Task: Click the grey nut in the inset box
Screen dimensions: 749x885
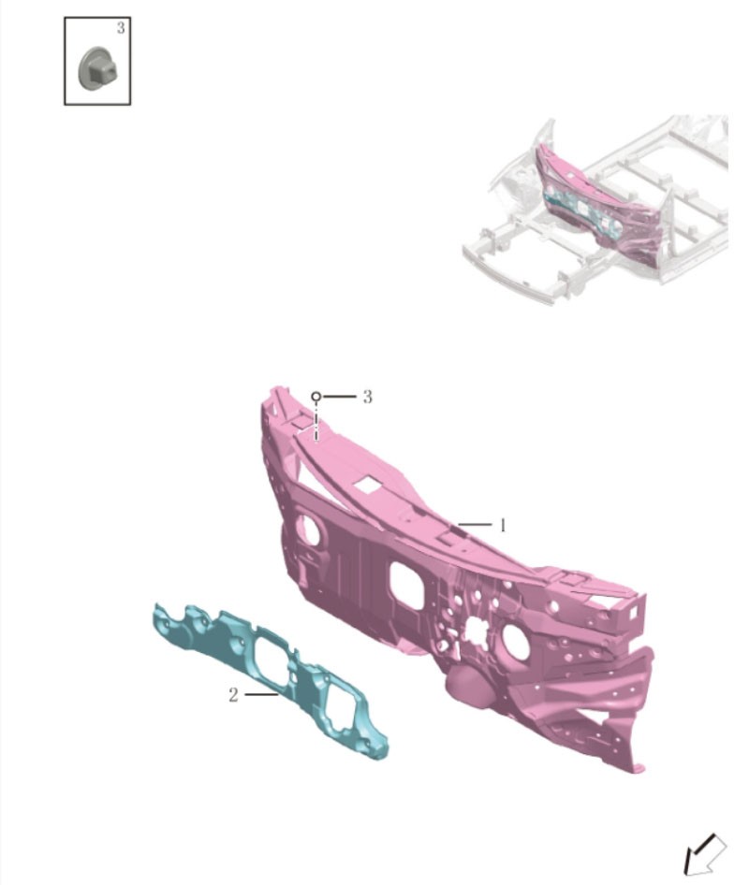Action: (98, 68)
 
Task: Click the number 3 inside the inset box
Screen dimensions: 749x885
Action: (121, 28)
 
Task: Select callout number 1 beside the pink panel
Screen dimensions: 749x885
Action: (502, 526)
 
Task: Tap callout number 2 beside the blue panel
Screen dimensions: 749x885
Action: (233, 695)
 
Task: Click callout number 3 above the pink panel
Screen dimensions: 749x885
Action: (367, 397)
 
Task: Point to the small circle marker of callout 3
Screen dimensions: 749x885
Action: (316, 397)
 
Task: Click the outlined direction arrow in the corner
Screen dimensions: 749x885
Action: (704, 854)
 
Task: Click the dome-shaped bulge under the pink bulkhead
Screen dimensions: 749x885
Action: (469, 687)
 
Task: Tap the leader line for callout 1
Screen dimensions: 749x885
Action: (475, 525)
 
